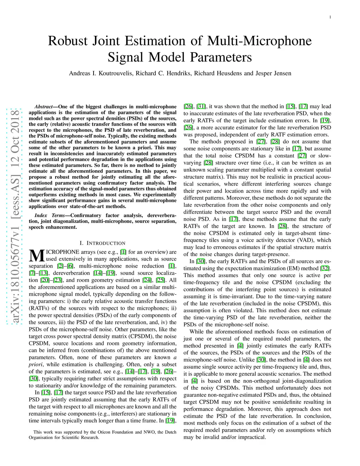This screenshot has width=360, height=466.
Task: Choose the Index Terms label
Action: tap(50, 215)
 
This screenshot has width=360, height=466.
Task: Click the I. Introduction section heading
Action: tap(102, 243)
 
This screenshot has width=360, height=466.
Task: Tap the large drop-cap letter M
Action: tap(36, 256)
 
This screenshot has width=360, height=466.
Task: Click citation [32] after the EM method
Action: tap(324, 268)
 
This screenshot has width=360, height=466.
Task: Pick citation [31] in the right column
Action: tap(201, 107)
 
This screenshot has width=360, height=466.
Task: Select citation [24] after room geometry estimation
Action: tap(147, 280)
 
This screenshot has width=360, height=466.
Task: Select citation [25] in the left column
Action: tap(160, 280)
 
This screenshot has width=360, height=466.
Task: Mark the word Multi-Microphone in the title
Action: tap(259, 41)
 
